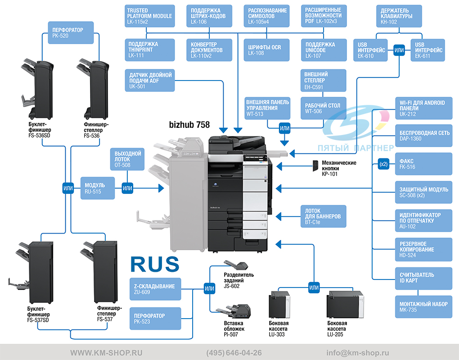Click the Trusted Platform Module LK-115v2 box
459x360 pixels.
(x=149, y=16)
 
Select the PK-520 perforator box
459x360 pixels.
(x=71, y=33)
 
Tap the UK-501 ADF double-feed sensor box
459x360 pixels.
(x=150, y=81)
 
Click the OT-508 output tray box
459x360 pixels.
(x=127, y=159)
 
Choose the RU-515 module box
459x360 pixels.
(x=98, y=188)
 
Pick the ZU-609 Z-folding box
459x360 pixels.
(x=155, y=289)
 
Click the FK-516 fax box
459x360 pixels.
(x=423, y=164)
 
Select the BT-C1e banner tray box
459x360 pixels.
(x=324, y=216)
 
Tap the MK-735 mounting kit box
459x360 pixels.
(x=423, y=307)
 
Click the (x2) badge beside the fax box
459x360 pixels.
(x=383, y=164)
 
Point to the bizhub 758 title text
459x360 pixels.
(x=189, y=125)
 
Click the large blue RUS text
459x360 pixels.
(x=155, y=264)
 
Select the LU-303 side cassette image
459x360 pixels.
(x=279, y=305)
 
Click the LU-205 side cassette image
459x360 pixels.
(x=345, y=305)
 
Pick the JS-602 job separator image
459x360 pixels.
(x=236, y=265)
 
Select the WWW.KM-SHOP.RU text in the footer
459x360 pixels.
(x=106, y=353)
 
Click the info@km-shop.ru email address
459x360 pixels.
(x=358, y=353)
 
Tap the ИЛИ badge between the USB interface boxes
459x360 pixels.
(x=399, y=50)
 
